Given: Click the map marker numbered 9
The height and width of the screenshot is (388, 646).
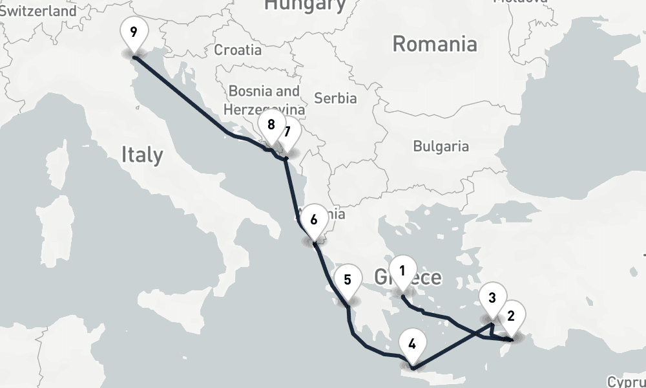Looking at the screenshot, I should click(x=134, y=32).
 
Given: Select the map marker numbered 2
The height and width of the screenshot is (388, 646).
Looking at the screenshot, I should click(x=511, y=316).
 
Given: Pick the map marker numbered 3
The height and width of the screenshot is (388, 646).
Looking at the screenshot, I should click(x=492, y=298).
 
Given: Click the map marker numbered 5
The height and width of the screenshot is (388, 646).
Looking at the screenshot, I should click(x=348, y=280).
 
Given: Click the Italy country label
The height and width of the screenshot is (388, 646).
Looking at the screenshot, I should click(x=142, y=155).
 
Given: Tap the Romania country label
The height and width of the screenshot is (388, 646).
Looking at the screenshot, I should click(x=435, y=44).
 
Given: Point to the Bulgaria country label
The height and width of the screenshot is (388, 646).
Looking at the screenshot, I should click(x=441, y=145).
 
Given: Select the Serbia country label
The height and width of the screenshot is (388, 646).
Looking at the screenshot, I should click(x=335, y=98).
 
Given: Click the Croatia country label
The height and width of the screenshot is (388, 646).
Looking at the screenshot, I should click(x=238, y=50).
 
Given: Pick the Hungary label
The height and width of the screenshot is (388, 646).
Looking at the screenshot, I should click(x=306, y=5).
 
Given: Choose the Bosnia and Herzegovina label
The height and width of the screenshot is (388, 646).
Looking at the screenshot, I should click(x=265, y=100).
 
